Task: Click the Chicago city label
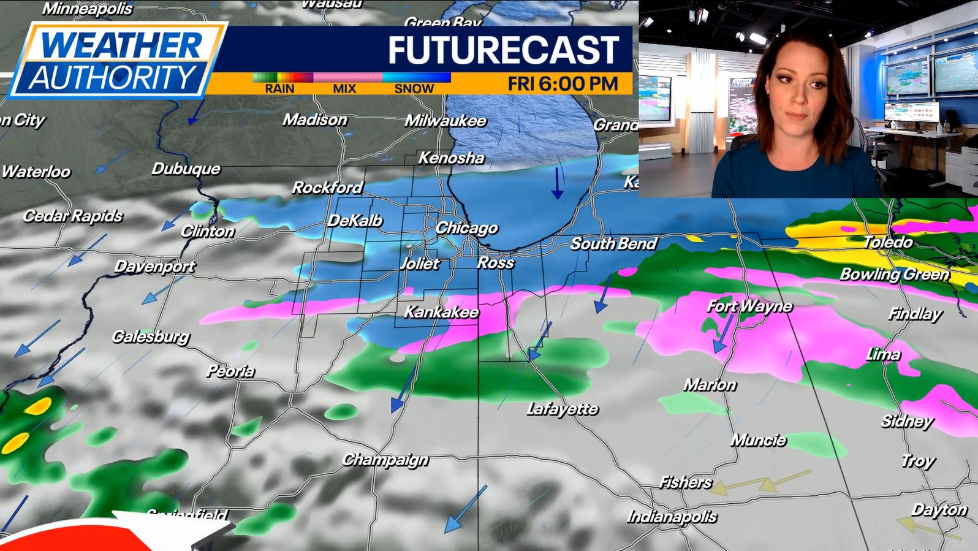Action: point(467,228)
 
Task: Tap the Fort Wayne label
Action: point(749,306)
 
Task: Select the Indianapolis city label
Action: point(672,517)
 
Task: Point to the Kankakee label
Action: point(441,312)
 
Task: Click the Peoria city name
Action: point(230,371)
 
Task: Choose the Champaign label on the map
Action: point(385,460)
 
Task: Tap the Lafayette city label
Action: point(563,409)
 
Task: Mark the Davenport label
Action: point(154,267)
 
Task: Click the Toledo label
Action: point(888,242)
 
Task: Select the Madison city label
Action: point(315,120)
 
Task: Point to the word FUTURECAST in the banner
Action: point(504,50)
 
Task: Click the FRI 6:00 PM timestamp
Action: point(563,83)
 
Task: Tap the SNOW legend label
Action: point(414,89)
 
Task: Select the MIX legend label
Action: point(344,89)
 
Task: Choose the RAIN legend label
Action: point(279,89)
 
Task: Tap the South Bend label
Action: point(613,244)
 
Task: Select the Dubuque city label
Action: point(186,169)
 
